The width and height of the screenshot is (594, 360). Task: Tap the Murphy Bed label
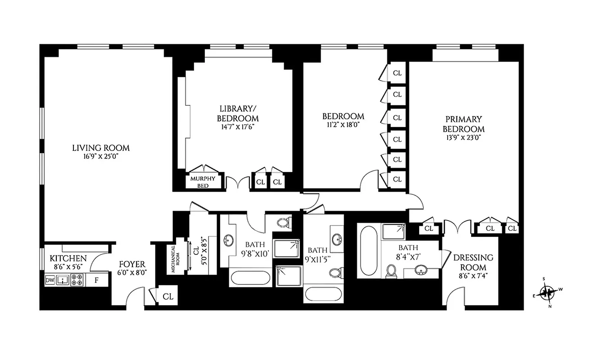point(203,181)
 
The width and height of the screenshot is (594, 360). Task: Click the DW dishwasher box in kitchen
point(50,280)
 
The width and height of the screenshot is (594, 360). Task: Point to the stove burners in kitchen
point(77,280)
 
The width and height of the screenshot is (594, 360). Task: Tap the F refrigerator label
point(96,280)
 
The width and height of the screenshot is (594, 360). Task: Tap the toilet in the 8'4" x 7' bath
point(391,271)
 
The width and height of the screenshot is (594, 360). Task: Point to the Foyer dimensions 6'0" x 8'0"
point(131,273)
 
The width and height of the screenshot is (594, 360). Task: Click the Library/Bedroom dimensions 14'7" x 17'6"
point(239,127)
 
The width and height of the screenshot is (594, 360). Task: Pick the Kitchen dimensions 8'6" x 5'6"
point(68,267)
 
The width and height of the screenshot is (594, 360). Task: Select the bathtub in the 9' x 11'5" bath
point(324,295)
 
